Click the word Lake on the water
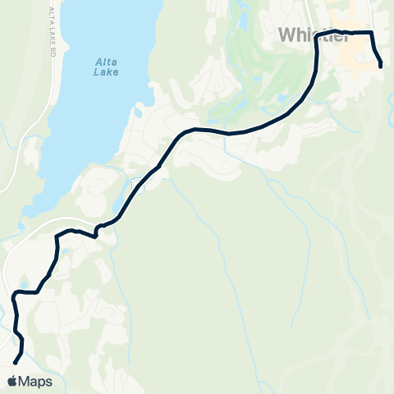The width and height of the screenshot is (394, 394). click(107, 71)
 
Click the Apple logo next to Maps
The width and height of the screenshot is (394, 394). click(12, 382)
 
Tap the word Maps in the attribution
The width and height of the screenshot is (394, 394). click(35, 382)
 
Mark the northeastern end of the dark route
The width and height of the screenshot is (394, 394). click(382, 66)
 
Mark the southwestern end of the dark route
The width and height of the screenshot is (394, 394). click(15, 361)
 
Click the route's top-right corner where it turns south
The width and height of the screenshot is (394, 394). click(373, 34)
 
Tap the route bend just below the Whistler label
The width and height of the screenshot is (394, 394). click(317, 49)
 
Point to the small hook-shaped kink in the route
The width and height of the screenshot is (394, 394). click(97, 231)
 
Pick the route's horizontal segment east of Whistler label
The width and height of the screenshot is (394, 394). click(349, 33)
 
